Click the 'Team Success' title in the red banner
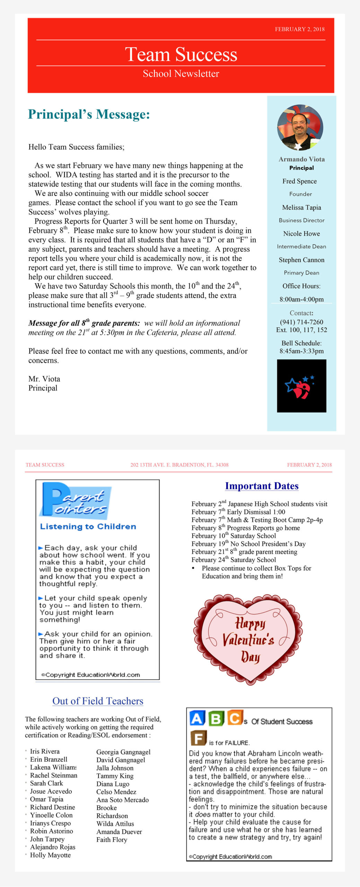tap(181, 54)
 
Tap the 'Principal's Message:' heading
tap(89, 114)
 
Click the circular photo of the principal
tap(300, 128)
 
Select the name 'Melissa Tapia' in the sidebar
tap(301, 208)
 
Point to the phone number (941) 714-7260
tap(301, 322)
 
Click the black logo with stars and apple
tap(301, 386)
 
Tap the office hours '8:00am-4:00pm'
tap(301, 299)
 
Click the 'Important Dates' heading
tap(262, 486)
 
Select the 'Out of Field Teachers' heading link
tap(98, 701)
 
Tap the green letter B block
tap(216, 718)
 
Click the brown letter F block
tap(199, 738)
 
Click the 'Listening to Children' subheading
tap(88, 527)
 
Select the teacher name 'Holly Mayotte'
tap(50, 855)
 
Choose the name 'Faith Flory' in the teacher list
tap(112, 840)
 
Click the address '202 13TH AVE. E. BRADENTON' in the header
tap(179, 465)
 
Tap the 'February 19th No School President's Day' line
tap(248, 544)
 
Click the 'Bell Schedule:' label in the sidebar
tap(301, 343)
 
